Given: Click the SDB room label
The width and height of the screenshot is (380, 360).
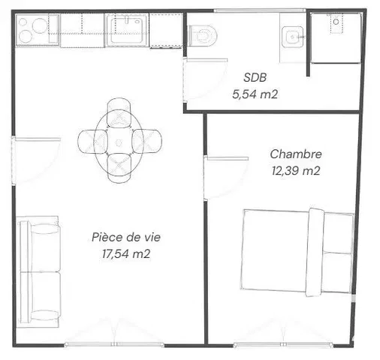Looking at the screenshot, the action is (255, 77).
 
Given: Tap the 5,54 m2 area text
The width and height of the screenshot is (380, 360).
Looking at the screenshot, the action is (255, 94).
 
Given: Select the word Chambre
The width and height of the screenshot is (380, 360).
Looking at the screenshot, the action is (296, 154).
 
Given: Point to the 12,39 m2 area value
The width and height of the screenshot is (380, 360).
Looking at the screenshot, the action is (296, 171).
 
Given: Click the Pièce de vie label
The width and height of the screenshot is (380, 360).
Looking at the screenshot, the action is (126, 237).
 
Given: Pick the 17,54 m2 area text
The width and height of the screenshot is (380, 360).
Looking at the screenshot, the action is (126, 254).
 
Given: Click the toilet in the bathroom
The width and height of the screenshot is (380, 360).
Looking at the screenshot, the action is (202, 35).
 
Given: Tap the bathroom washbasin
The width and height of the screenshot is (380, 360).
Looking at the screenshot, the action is (292, 37).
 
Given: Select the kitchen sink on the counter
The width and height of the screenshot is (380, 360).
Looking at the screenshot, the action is (127, 29).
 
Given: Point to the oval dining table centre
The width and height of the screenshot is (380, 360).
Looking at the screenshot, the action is (119, 142).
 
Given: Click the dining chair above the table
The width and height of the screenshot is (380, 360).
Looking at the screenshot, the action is (119, 111).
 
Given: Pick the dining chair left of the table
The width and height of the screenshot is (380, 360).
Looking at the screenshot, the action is (92, 141).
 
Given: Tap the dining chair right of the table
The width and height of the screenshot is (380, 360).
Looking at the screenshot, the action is (147, 141).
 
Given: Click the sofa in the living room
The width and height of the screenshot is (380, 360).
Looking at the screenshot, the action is (39, 271).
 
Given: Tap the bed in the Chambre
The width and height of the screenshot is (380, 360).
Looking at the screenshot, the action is (297, 252).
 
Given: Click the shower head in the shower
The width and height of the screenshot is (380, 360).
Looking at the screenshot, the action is (336, 22).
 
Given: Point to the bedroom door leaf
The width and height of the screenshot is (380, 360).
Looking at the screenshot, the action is (228, 158).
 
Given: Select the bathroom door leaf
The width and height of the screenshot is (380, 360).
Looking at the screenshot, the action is (207, 60).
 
